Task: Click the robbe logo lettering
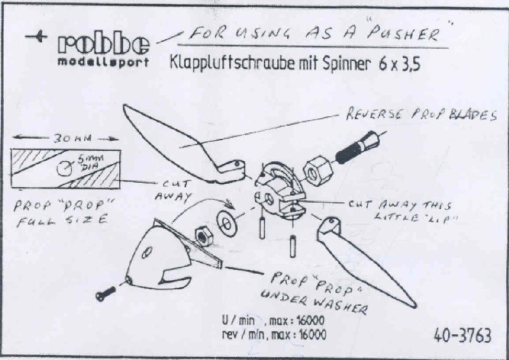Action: (x=104, y=45)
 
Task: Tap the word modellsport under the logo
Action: (x=103, y=62)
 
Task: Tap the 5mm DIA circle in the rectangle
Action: (x=64, y=168)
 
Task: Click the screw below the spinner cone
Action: (x=106, y=294)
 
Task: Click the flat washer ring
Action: (x=227, y=223)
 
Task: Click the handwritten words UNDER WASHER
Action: (x=314, y=301)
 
